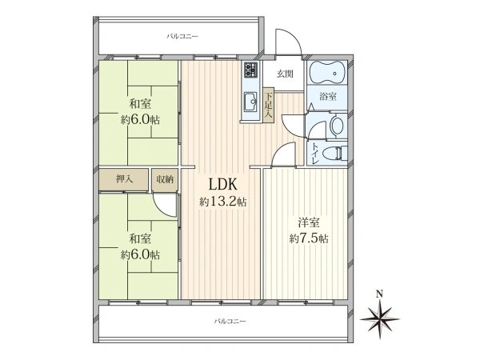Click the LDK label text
coord(222,184)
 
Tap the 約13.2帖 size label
coord(223,202)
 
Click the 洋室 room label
coord(309,222)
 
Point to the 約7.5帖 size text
coord(309,238)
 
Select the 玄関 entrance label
coord(285,74)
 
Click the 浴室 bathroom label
coord(328,97)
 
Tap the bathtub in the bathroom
coord(327,73)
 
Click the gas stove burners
coord(250,70)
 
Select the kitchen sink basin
coord(251,102)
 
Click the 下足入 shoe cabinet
coord(269,105)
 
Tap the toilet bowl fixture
coord(338,152)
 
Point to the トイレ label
coord(314,154)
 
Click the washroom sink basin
coord(338,126)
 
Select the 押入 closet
coord(124,180)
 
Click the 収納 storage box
coord(165,180)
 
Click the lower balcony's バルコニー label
coord(230,321)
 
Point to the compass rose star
coord(379,319)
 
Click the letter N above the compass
coord(379,294)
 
